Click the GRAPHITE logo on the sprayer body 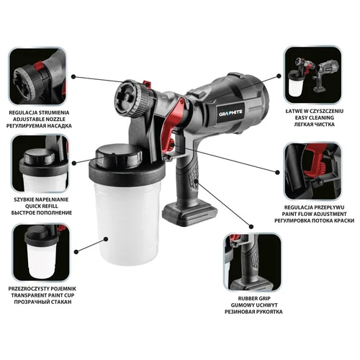point(230,112)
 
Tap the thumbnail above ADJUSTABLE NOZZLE point(37,76)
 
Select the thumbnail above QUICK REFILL point(40,164)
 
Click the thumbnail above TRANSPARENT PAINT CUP point(41,253)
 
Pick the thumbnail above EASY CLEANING point(312,75)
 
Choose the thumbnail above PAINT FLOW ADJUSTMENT point(312,171)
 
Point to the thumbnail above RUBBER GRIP point(252,262)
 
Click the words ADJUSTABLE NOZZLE point(40,120)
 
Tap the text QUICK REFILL point(42,206)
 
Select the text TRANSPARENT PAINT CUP point(42,295)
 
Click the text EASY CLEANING point(315,118)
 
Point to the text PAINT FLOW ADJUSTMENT point(314,214)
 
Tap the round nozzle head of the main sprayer point(131,98)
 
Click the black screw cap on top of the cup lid point(119,156)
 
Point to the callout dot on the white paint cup point(105,238)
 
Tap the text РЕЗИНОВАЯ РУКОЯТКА point(253,312)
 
